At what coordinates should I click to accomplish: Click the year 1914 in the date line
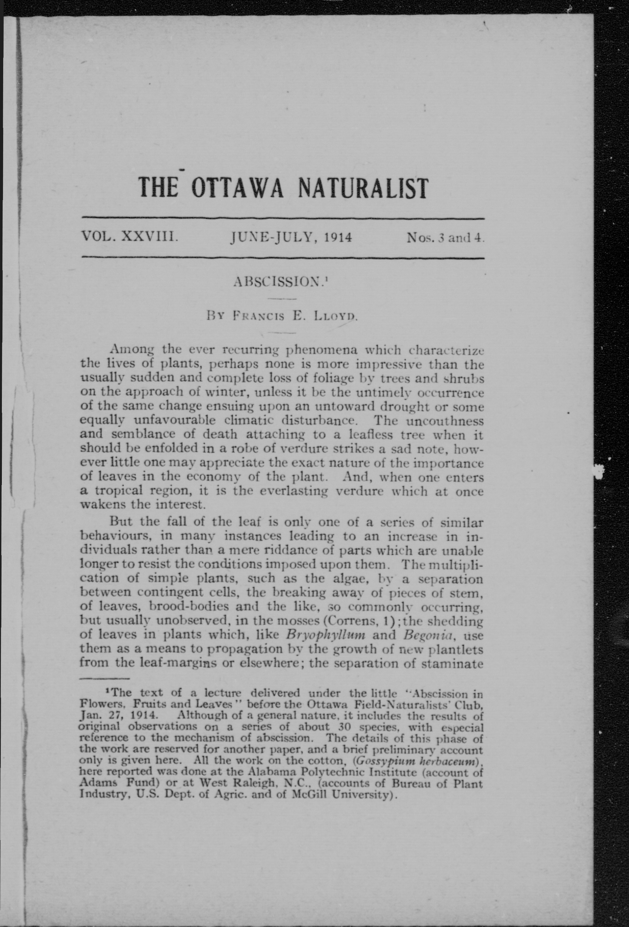point(338,238)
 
